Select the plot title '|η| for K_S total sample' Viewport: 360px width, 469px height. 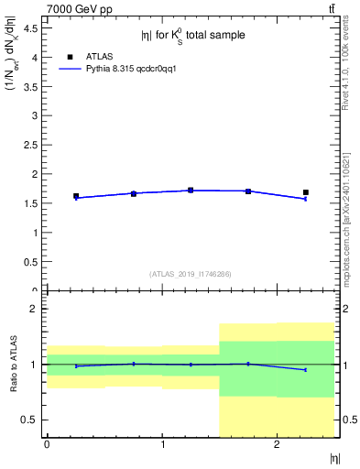click(x=192, y=35)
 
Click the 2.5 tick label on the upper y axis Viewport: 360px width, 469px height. click(x=34, y=145)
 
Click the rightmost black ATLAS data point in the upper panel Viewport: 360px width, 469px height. click(x=306, y=192)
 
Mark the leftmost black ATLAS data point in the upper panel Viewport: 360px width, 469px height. click(x=76, y=196)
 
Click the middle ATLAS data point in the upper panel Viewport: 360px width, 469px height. click(x=191, y=191)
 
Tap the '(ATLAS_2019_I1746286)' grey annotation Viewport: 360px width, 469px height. click(x=191, y=274)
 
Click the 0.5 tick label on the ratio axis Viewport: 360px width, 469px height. click(x=34, y=420)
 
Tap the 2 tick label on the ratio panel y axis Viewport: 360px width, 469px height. click(x=38, y=309)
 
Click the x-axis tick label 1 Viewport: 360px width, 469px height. click(x=162, y=445)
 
